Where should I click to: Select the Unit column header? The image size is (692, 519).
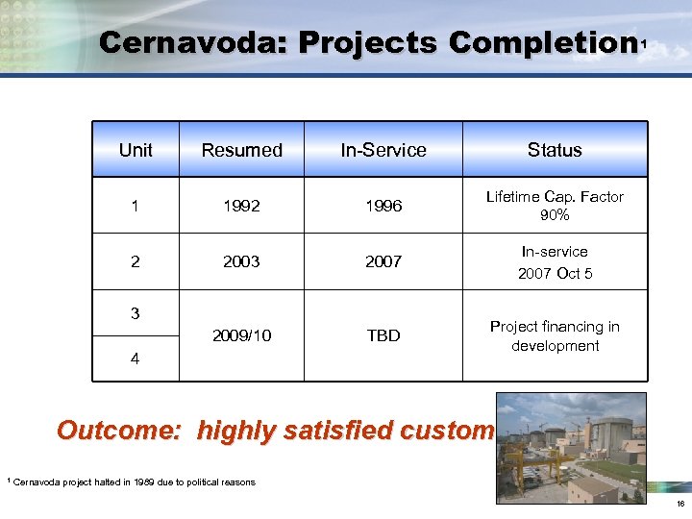click(136, 150)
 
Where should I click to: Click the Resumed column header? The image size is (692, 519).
click(241, 150)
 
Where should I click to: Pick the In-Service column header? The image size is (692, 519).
click(383, 150)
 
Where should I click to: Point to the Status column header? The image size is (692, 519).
click(555, 150)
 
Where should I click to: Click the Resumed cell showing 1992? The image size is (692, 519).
click(241, 206)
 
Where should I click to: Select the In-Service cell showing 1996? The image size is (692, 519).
click(383, 206)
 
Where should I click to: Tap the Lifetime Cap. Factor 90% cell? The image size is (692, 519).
click(555, 206)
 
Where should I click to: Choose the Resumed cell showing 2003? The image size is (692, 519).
click(241, 261)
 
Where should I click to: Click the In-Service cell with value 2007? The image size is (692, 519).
click(383, 261)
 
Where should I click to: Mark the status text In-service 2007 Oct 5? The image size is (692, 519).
click(555, 262)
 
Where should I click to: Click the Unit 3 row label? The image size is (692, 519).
click(136, 313)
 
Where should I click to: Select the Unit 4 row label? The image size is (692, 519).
click(136, 358)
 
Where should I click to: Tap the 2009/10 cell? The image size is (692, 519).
click(241, 335)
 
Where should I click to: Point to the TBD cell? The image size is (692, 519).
click(383, 335)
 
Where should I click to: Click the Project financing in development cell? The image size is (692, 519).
click(555, 335)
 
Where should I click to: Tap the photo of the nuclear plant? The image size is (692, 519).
click(570, 447)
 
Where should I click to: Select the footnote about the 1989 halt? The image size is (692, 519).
click(134, 482)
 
